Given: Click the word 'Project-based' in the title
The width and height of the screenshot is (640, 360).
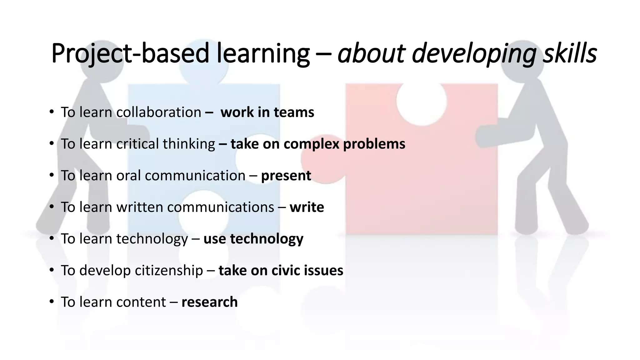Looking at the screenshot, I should (130, 53).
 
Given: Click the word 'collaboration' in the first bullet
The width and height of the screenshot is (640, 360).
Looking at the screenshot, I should (158, 112).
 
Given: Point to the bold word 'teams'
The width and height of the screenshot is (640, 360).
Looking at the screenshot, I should (293, 112).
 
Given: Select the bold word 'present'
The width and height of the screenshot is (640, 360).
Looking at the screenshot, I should (286, 176).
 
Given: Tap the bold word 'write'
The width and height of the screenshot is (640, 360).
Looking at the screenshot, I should (307, 207).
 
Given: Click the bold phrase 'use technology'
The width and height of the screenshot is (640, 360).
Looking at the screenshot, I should (253, 239).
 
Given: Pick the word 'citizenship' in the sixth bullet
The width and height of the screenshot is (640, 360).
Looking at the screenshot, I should (169, 270).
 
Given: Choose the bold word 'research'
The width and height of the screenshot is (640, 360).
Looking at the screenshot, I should (209, 302).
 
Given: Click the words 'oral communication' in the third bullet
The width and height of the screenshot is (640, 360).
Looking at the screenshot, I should (181, 176).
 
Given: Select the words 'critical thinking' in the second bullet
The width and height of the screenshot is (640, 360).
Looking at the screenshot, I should (166, 144).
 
